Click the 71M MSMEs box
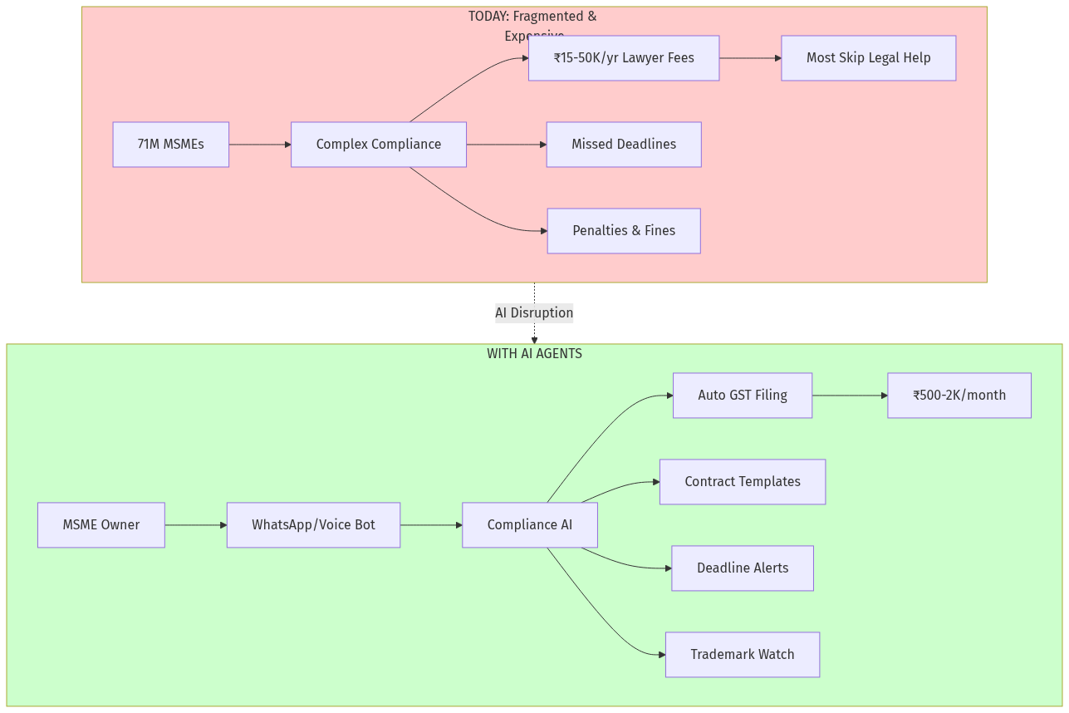pos(170,145)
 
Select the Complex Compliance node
pos(378,145)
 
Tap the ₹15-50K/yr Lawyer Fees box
pos(623,58)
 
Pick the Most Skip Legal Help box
pos(868,58)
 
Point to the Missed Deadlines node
pos(623,145)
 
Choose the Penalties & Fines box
pos(623,231)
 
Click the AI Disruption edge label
pos(534,313)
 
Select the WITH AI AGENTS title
pos(534,354)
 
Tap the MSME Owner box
pos(101,525)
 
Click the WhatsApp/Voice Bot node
pos(313,525)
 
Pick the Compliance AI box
pos(529,525)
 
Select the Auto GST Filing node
pos(742,396)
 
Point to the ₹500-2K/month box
pos(959,396)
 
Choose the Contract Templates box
pos(742,482)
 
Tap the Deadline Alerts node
pos(742,568)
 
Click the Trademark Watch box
pos(742,655)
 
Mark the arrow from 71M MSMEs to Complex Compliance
pos(259,145)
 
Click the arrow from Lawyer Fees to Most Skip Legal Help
pos(749,58)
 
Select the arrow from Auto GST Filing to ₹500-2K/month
pos(849,396)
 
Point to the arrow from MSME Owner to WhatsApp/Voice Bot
pos(195,525)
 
